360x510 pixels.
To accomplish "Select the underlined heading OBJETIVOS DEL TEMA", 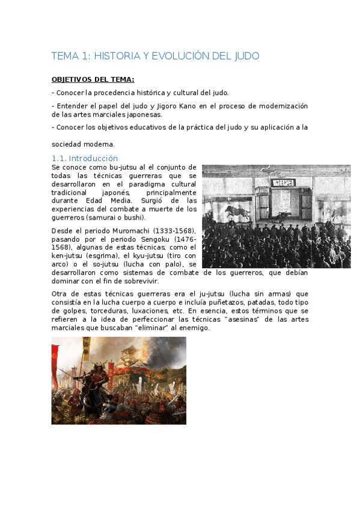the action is [x=93, y=79].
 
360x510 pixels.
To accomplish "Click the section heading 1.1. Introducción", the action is [x=85, y=158].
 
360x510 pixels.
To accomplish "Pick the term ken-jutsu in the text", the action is [x=67, y=256].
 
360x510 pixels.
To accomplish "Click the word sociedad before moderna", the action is [x=66, y=144].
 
